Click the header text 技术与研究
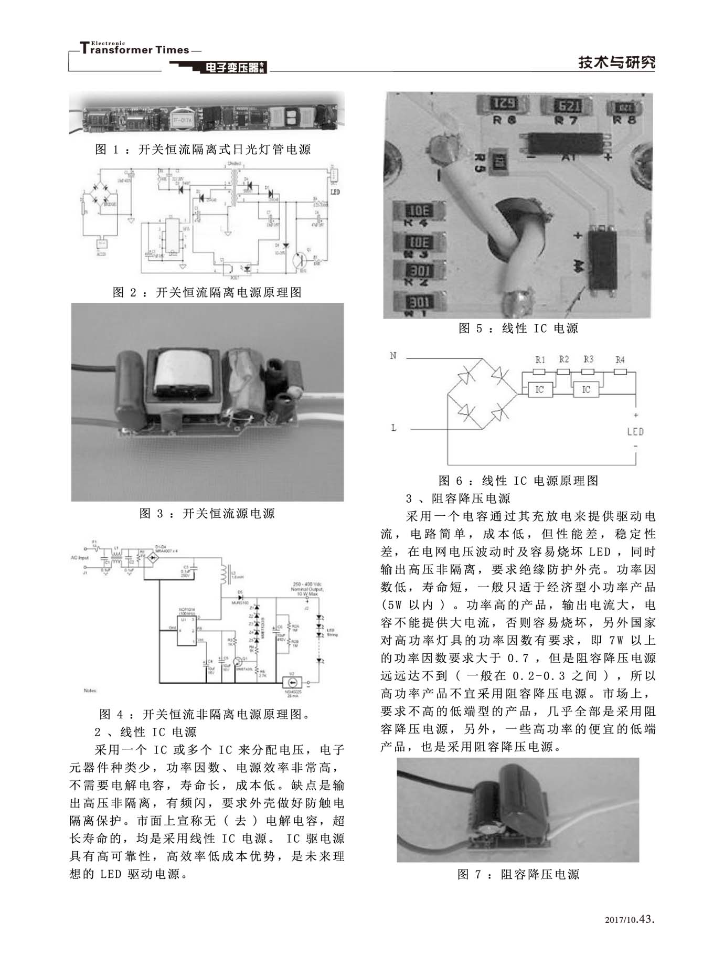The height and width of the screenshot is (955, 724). [616, 62]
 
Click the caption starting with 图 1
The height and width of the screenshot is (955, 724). [203, 150]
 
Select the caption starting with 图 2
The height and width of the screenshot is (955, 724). [207, 292]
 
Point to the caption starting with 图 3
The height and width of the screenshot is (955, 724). [207, 513]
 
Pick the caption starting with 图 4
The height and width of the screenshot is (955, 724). [205, 714]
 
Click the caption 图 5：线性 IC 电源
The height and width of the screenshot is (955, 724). [518, 328]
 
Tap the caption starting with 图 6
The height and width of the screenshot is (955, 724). [518, 481]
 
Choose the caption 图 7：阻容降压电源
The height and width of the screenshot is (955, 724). [518, 874]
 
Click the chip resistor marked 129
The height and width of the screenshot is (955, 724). [503, 104]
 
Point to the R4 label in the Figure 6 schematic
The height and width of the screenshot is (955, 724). [620, 360]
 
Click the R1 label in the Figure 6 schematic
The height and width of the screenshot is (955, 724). [540, 360]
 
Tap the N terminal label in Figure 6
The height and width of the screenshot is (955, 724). [393, 356]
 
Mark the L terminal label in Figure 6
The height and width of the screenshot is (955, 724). [393, 428]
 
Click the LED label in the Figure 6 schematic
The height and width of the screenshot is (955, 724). [635, 432]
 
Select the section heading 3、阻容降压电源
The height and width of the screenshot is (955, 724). [458, 498]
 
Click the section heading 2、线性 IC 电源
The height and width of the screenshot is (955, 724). [145, 732]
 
